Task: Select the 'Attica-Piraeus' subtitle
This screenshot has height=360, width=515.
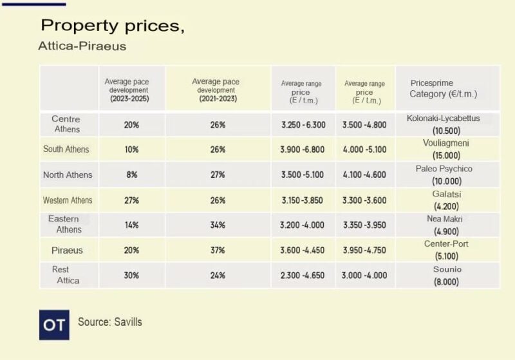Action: click(82, 46)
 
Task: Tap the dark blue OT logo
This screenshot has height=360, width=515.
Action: click(54, 325)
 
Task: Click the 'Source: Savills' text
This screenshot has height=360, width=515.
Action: click(110, 321)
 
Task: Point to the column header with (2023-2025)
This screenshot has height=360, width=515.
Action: click(131, 90)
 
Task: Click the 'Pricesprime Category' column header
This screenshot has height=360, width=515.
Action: click(443, 89)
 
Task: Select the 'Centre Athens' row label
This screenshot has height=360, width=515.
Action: click(66, 124)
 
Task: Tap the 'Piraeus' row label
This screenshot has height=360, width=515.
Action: click(68, 250)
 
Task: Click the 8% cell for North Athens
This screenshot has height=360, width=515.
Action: click(131, 175)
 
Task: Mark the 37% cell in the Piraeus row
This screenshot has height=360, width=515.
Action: click(218, 251)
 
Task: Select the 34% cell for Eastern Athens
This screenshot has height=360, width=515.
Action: click(218, 225)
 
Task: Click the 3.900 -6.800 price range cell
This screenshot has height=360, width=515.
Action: click(303, 149)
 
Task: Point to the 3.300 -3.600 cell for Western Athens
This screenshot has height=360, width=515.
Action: click(365, 200)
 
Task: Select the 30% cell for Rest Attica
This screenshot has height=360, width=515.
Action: click(131, 276)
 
